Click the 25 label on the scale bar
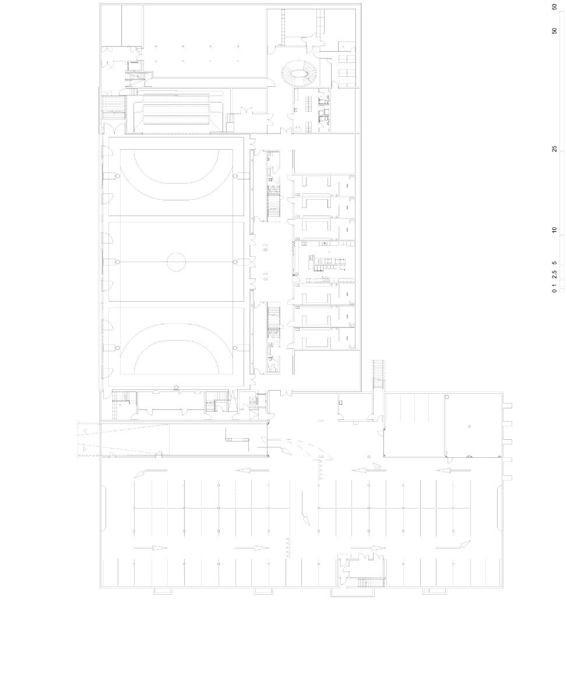(555, 149)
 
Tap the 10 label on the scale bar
(555, 230)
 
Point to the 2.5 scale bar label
(555, 275)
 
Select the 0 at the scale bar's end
(555, 290)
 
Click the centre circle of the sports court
(176, 262)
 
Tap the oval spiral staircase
(297, 74)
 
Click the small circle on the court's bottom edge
(176, 386)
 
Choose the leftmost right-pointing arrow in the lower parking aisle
(150, 548)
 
